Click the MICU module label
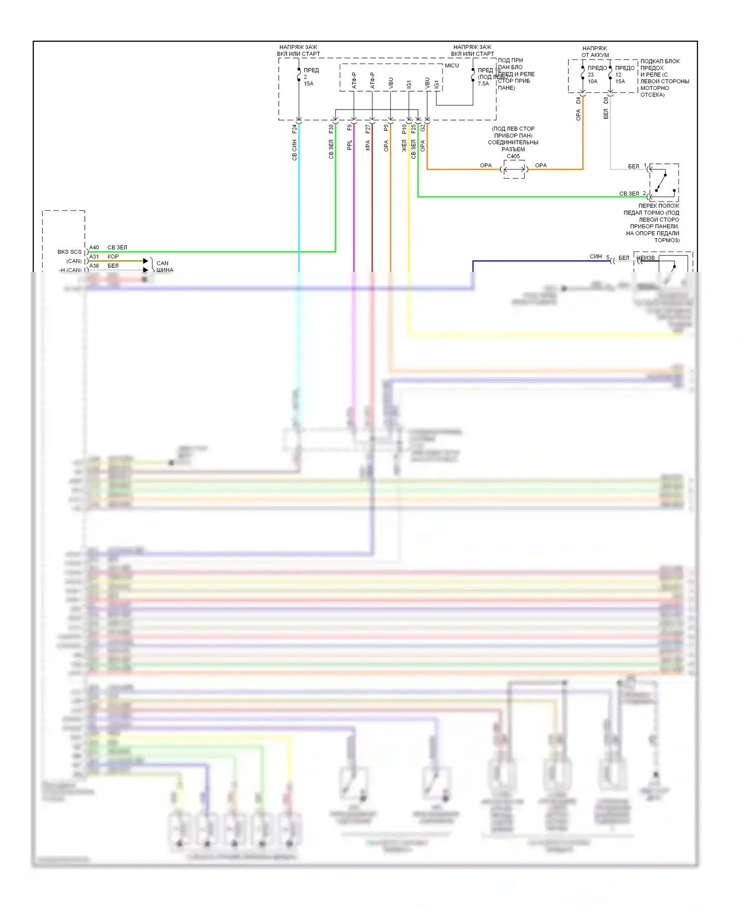coord(451,65)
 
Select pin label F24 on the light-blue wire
coord(295,129)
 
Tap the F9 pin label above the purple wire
coord(350,128)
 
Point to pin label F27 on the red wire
coord(368,129)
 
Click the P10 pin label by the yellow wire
coord(404,129)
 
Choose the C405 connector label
coord(513,156)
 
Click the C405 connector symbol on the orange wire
coord(514,170)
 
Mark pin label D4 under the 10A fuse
coord(578,100)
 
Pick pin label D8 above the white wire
coord(606,100)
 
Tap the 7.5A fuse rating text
coord(483,84)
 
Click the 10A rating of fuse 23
coord(593,81)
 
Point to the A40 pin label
coord(94,248)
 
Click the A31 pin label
coord(94,257)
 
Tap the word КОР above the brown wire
coord(113,257)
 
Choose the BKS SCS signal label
coord(69,252)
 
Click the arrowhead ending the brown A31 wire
coord(146,261)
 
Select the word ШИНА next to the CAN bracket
coord(165,270)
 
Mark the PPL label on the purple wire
coord(350,145)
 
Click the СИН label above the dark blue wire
coord(596,257)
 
